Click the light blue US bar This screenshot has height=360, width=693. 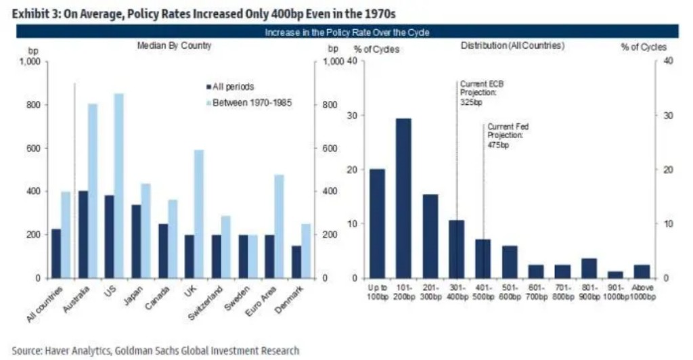[x=119, y=185]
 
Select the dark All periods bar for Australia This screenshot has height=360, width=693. [x=83, y=234]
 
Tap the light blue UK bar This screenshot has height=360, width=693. [x=199, y=214]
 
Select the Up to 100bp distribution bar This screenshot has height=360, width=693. [x=378, y=223]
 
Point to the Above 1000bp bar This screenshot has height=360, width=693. [x=642, y=271]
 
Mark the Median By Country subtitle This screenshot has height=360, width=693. [x=175, y=45]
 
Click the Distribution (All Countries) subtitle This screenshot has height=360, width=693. [x=512, y=45]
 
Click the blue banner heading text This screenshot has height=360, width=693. [x=346, y=32]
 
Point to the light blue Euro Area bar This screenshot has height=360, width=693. [x=278, y=226]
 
